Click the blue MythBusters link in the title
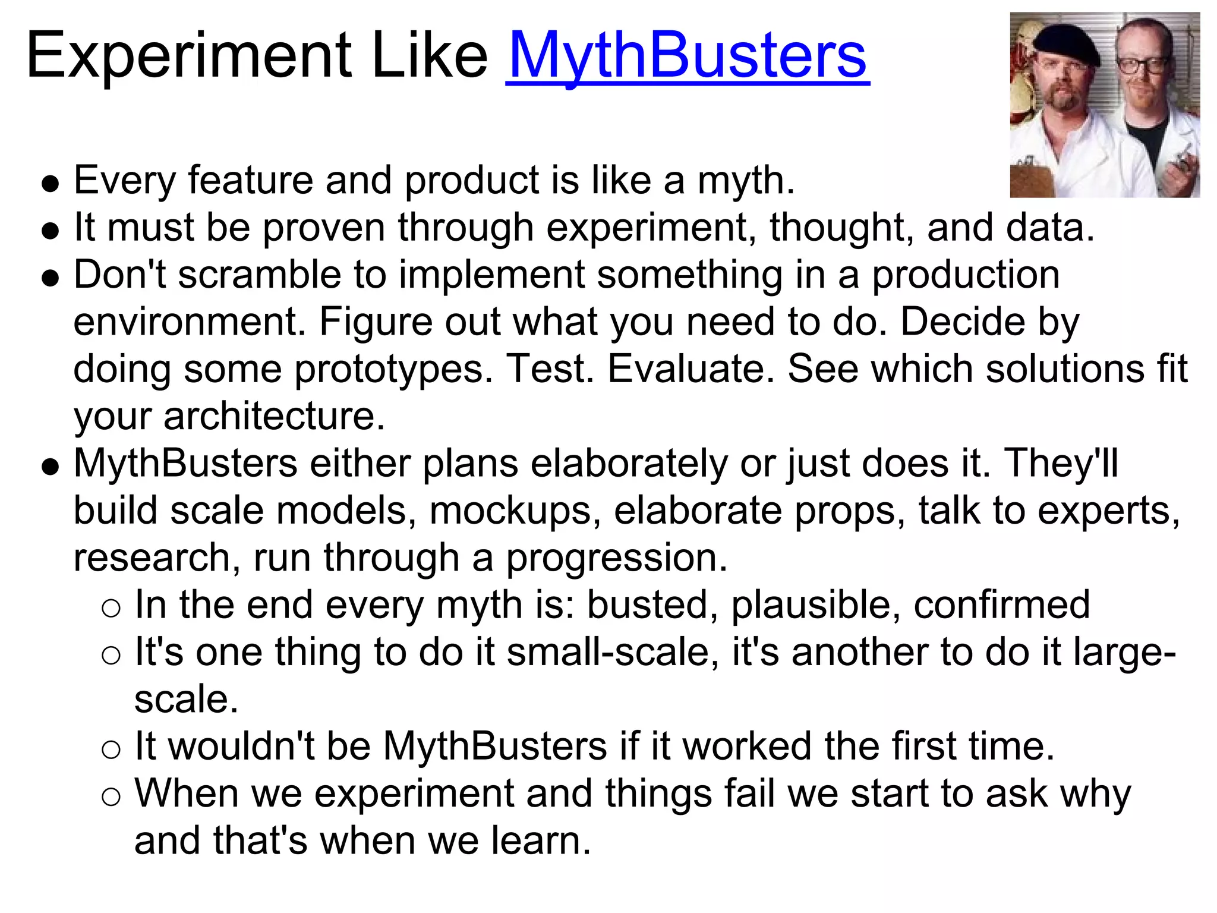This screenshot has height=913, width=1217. point(688,56)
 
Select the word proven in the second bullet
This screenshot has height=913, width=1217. point(324,228)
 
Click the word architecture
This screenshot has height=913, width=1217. point(274,416)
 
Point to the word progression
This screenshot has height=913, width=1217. point(616,558)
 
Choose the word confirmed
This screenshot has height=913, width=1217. point(1001,605)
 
